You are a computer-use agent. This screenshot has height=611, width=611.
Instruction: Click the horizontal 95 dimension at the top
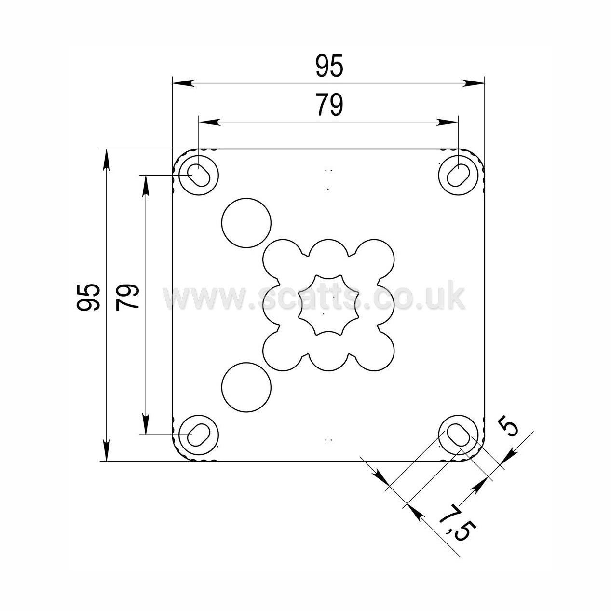[x=329, y=66]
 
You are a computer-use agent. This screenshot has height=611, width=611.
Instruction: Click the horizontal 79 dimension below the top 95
[x=329, y=105]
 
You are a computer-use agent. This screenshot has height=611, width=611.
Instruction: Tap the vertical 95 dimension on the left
[x=88, y=297]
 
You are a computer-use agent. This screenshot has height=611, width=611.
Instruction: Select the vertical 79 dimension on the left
[x=127, y=297]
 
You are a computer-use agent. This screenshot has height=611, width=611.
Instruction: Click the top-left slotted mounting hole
[x=199, y=176]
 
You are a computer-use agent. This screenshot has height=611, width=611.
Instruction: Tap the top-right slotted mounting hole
[x=458, y=176]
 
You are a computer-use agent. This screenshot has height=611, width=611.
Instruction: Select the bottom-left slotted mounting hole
[x=199, y=434]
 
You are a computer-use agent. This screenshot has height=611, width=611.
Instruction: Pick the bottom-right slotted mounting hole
[x=458, y=434]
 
